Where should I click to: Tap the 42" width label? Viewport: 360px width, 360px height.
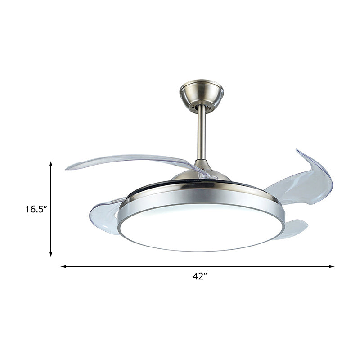click(199, 277)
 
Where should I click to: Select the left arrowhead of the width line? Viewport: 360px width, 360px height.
click(63, 266)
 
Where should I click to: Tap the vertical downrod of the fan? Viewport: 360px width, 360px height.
click(201, 133)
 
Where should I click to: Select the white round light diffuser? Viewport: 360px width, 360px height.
click(201, 227)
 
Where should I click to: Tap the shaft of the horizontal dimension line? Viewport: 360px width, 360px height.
click(135, 266)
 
